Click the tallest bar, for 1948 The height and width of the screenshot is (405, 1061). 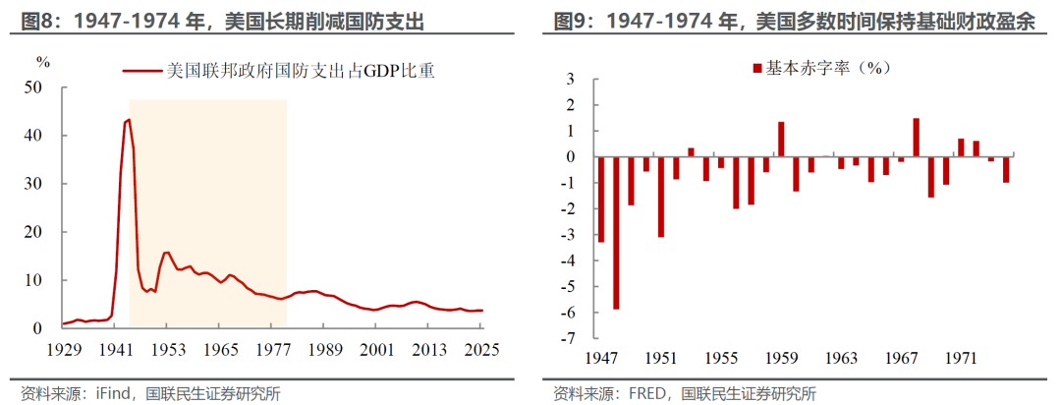click(616, 232)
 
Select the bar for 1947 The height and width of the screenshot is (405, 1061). click(601, 200)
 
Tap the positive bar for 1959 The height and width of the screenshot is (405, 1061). click(781, 139)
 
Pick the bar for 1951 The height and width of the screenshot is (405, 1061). click(660, 197)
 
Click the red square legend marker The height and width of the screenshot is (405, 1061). click(757, 69)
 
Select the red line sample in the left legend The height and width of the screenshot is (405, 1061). click(142, 71)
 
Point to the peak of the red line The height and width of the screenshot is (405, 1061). click(129, 120)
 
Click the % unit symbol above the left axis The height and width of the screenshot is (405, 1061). click(43, 62)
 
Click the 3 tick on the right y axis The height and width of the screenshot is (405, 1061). click(579, 80)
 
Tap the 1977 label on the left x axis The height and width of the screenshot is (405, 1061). click(271, 350)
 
